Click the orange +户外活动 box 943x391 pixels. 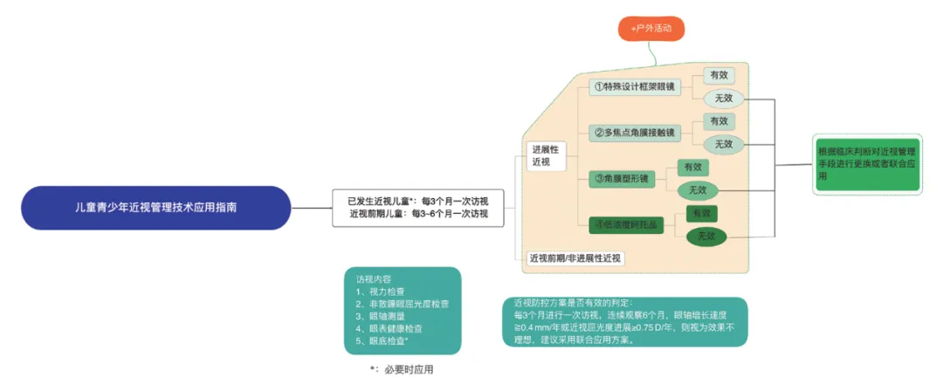650,30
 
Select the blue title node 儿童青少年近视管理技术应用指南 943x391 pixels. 155,208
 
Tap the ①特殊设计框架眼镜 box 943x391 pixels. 633,87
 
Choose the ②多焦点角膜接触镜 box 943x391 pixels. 634,133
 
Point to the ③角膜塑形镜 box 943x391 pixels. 622,179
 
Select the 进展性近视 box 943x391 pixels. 545,155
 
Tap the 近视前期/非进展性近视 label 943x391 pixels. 575,258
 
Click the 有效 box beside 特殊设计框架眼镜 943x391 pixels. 719,75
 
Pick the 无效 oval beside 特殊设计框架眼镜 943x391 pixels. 723,99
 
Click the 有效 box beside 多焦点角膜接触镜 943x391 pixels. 719,121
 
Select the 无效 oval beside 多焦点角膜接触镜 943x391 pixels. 723,144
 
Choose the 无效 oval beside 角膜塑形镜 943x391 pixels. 697,189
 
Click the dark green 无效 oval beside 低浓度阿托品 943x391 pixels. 706,236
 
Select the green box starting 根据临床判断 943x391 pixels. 865,163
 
